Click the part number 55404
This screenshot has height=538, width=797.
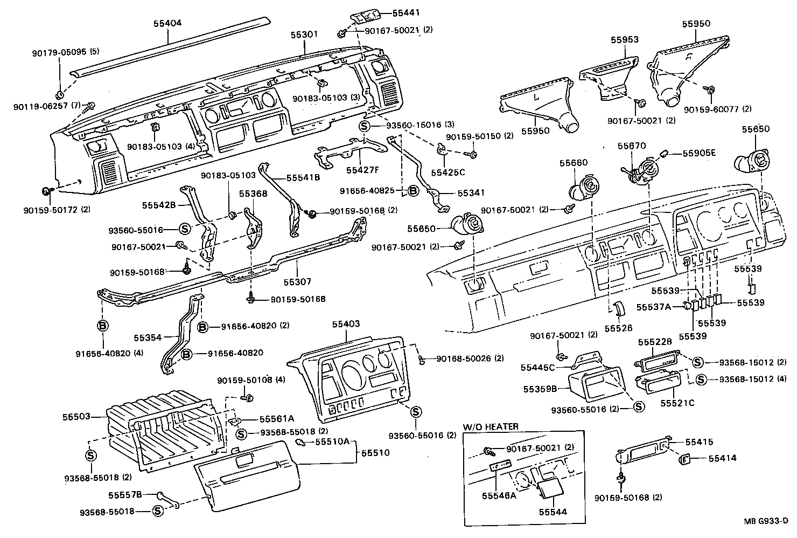[x=167, y=23]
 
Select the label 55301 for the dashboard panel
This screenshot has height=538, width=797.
[x=305, y=34]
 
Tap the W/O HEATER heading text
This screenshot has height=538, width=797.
[x=491, y=426]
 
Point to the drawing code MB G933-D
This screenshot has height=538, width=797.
[x=766, y=521]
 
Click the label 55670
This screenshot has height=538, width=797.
[x=632, y=146]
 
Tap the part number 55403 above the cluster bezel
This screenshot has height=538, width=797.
[x=346, y=324]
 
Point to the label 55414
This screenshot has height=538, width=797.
[x=722, y=458]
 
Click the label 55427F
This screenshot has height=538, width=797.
[x=362, y=170]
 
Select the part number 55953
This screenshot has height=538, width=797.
[x=625, y=39]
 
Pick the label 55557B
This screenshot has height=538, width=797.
[x=125, y=494]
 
